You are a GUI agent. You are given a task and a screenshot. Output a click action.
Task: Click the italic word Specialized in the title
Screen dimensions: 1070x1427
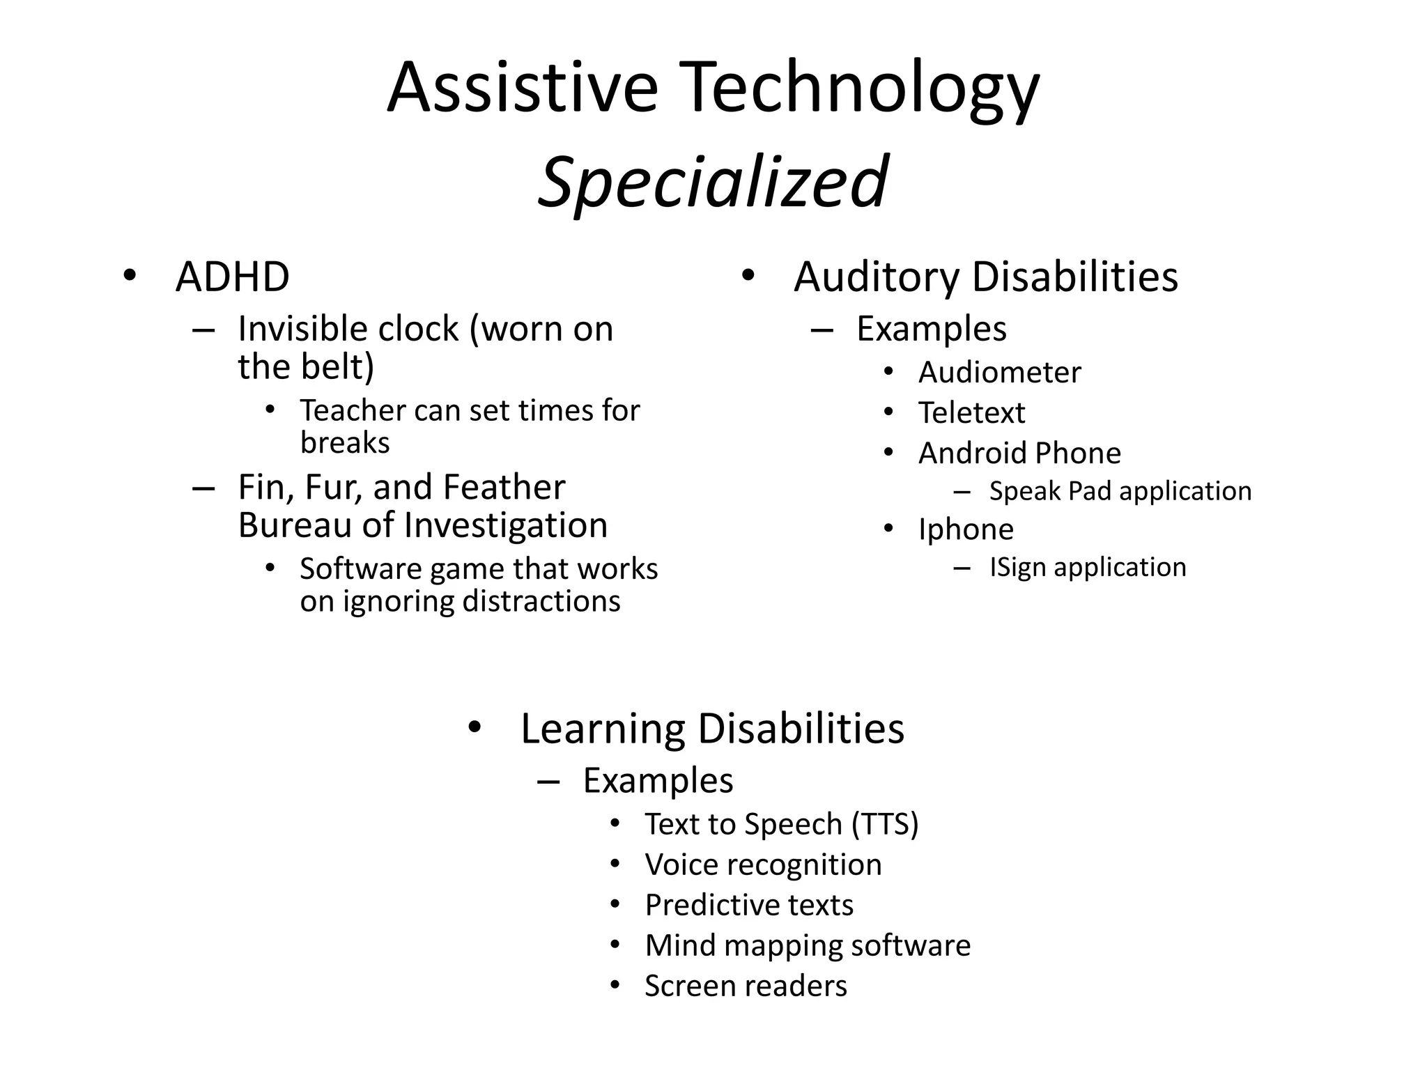(x=713, y=183)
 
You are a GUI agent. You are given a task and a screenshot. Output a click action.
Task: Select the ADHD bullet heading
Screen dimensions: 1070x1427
(x=232, y=277)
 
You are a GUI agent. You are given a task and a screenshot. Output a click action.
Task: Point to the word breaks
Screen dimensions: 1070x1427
(x=345, y=443)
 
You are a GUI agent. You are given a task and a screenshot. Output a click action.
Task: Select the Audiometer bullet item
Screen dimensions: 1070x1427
(x=999, y=372)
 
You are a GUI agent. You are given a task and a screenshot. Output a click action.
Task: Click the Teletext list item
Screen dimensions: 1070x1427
(x=971, y=412)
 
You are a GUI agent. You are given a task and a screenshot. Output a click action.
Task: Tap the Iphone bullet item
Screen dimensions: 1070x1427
(x=966, y=529)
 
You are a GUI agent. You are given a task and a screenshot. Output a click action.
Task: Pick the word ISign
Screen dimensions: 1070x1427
(x=1019, y=567)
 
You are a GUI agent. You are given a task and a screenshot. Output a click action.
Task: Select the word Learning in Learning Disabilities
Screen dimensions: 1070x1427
(x=602, y=729)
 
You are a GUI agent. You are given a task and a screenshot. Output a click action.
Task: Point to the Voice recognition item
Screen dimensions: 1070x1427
(x=763, y=864)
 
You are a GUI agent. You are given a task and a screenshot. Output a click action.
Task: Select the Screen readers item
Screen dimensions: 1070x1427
(x=746, y=986)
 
